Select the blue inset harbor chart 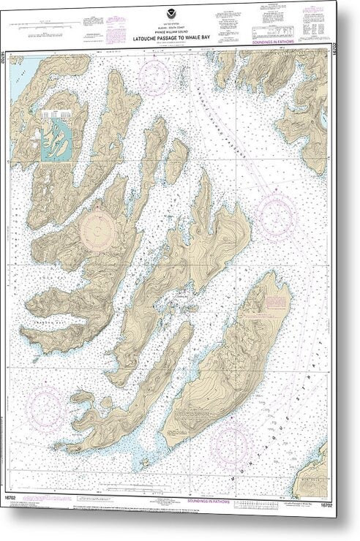tap(56, 135)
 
